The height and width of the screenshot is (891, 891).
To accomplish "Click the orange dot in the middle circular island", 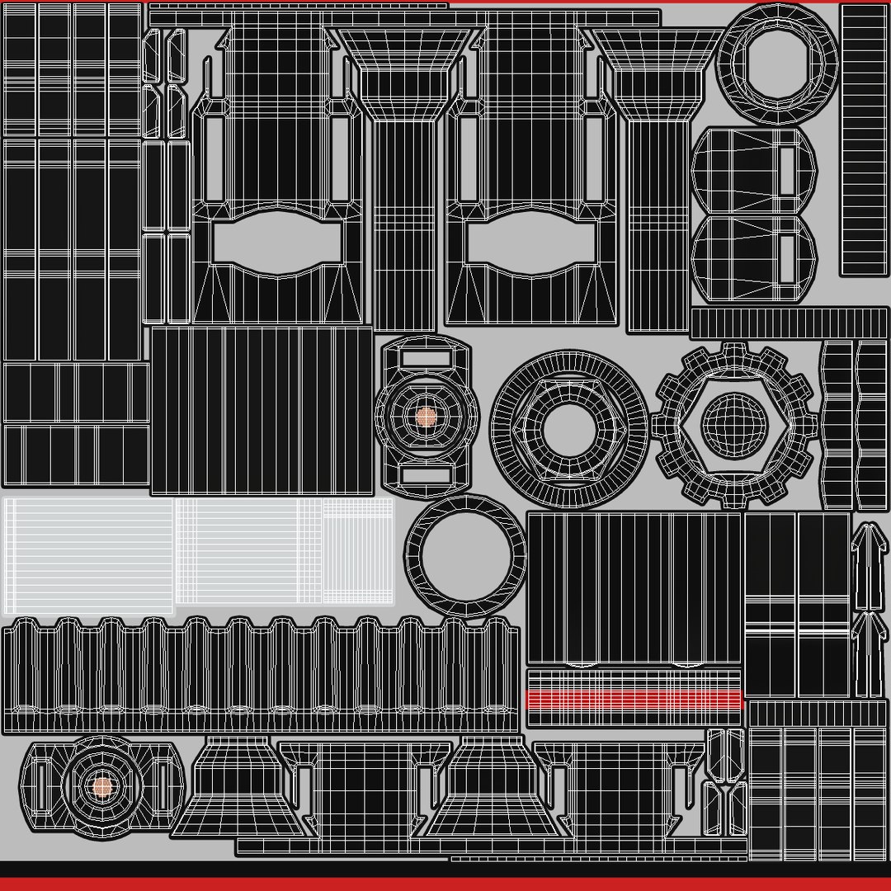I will click(425, 417).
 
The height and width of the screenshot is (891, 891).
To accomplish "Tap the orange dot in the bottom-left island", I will click(101, 786).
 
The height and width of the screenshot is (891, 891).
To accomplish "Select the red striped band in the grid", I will click(634, 700).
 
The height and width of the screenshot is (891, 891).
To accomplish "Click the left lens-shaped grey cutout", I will click(276, 241).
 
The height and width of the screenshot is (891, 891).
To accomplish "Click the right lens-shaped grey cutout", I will click(530, 241).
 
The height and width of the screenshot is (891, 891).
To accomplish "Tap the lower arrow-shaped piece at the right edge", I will click(865, 652).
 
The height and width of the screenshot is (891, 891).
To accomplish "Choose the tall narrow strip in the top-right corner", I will click(864, 140).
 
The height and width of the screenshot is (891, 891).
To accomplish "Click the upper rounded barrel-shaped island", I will click(752, 172).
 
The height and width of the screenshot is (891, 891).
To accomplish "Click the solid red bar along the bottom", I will click(445, 884).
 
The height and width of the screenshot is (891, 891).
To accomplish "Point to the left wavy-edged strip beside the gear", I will click(837, 425).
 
